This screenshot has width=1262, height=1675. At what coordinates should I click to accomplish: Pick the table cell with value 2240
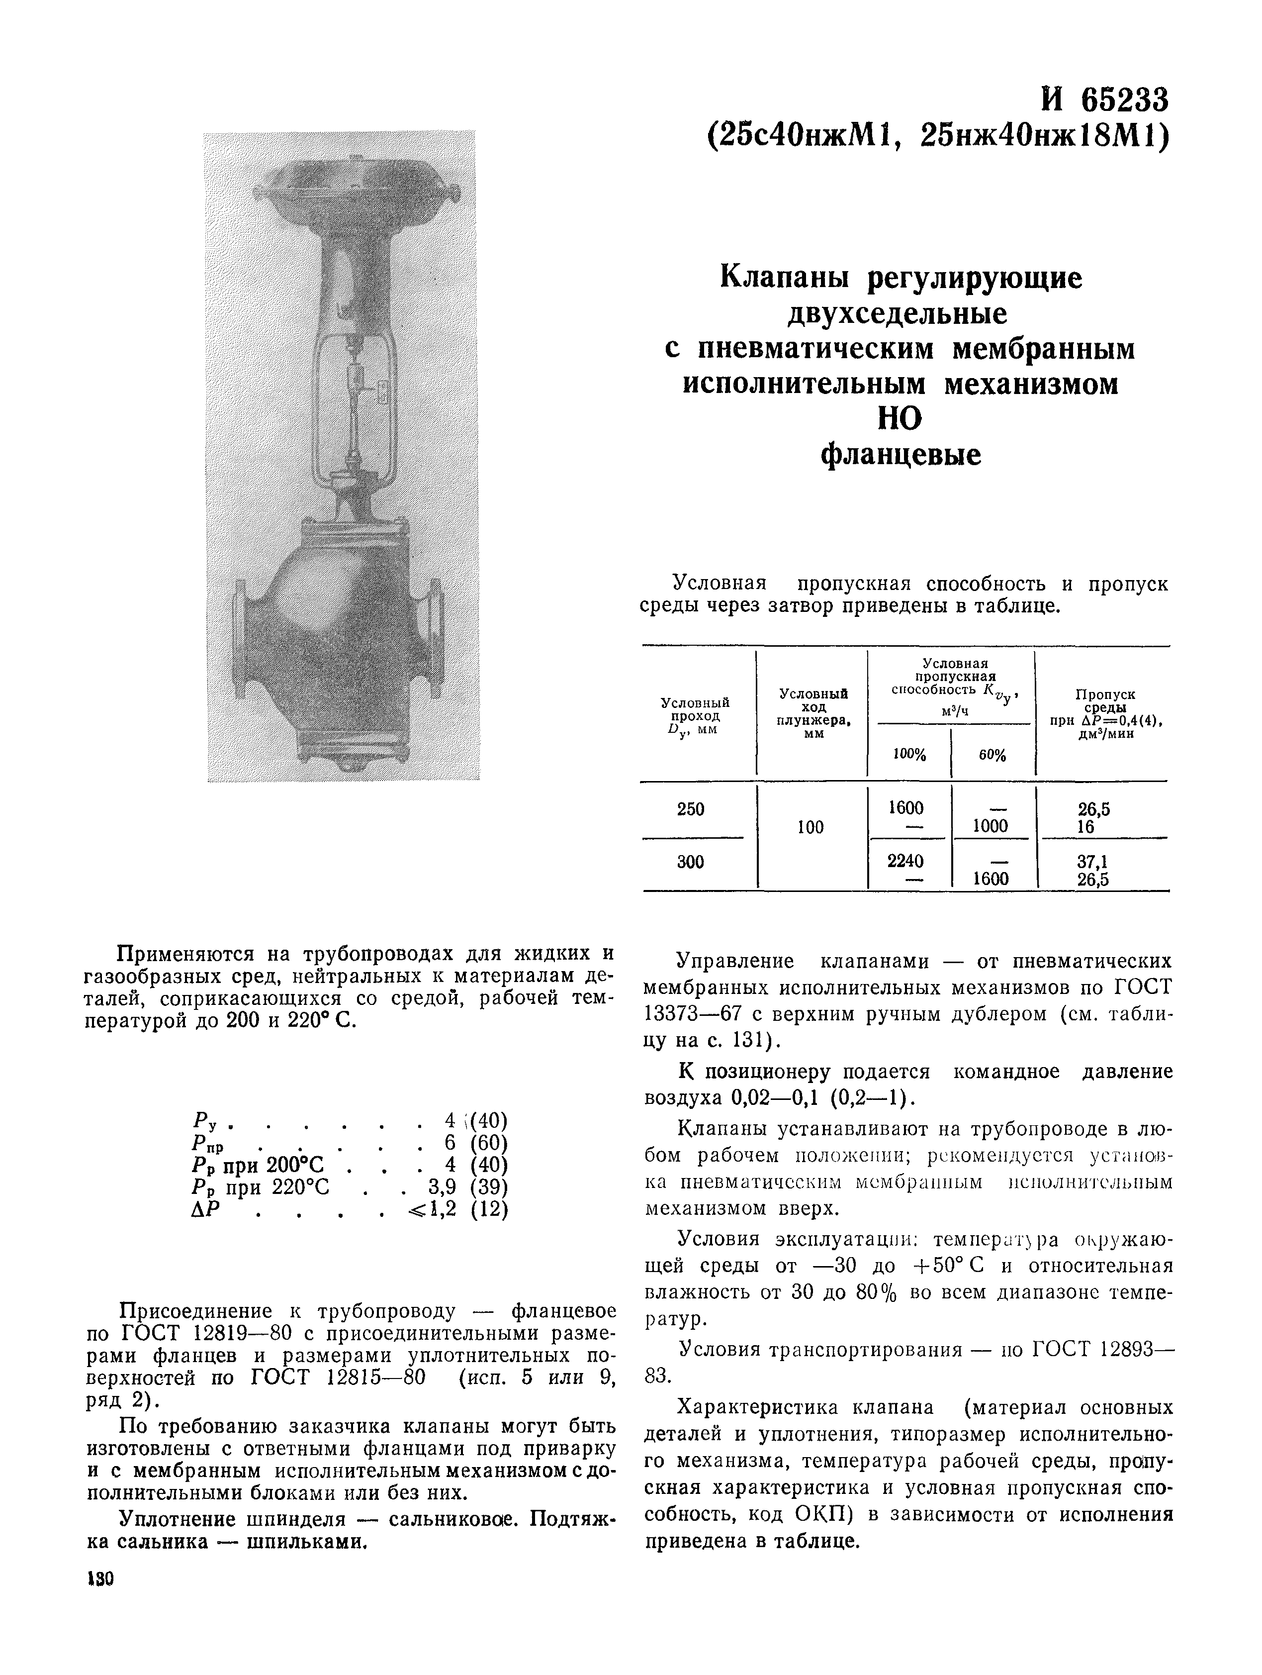click(x=905, y=861)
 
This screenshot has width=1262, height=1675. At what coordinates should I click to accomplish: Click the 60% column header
click(x=992, y=755)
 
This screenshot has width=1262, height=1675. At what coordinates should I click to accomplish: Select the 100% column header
click(x=909, y=755)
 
